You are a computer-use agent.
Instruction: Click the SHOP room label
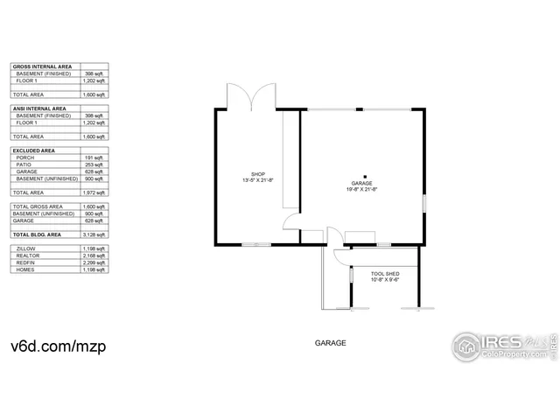(x=258, y=174)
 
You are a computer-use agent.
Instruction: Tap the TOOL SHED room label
(x=385, y=274)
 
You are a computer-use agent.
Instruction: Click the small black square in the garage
(x=366, y=175)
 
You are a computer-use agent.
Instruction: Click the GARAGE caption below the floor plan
(x=331, y=344)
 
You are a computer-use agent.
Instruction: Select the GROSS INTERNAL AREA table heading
(x=42, y=66)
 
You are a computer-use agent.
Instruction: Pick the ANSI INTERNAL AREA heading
(x=40, y=108)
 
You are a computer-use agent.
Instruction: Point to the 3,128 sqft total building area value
(x=94, y=234)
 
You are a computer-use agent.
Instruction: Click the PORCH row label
(x=27, y=157)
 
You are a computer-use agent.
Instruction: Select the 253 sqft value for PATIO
(x=94, y=164)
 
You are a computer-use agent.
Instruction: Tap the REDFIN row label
(x=27, y=262)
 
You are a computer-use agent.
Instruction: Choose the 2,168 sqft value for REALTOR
(x=94, y=255)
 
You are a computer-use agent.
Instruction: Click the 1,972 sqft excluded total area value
(x=94, y=192)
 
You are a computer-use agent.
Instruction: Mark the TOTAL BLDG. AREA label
(x=38, y=234)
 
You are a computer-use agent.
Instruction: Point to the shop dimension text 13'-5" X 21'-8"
(x=258, y=181)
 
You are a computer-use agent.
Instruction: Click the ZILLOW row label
(x=27, y=248)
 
